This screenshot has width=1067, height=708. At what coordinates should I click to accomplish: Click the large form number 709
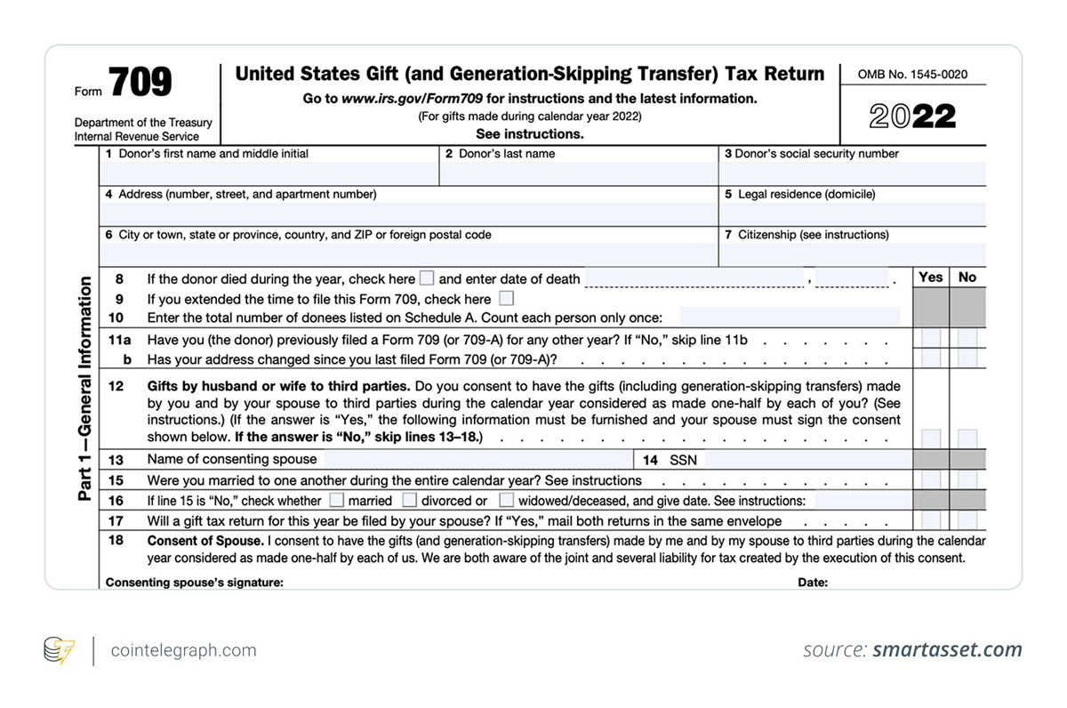pos(140,83)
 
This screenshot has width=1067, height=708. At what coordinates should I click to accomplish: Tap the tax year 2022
pos(912,116)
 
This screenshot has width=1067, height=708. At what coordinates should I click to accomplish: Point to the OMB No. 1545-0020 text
pos(912,75)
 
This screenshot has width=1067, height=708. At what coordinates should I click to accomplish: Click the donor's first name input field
pos(269,173)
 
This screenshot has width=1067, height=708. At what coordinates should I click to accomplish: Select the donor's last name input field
pos(578,173)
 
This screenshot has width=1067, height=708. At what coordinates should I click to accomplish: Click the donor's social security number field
pos(852,173)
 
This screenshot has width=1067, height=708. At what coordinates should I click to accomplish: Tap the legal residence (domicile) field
pos(852,214)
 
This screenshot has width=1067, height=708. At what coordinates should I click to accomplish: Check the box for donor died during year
pos(427,278)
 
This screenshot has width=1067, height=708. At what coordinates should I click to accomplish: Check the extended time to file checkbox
pos(506,299)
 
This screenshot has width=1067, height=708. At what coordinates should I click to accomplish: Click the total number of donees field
pos(790,318)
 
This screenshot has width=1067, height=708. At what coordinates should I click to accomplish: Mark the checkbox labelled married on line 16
pos(337,500)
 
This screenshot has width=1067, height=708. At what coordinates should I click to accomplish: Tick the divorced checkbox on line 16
pos(410,500)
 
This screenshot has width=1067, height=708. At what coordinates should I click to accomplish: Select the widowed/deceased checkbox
pos(506,500)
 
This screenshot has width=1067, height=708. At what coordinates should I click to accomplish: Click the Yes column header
pos(930,278)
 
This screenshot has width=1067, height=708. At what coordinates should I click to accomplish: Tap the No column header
pos(967,278)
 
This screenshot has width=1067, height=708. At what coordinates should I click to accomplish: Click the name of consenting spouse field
pos(477,460)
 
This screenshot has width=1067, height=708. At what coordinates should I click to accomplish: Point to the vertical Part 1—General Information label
pos(85,389)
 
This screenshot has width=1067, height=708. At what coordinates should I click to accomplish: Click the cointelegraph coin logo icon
pos(60,650)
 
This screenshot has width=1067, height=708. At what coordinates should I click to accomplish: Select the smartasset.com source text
pos(947,650)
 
